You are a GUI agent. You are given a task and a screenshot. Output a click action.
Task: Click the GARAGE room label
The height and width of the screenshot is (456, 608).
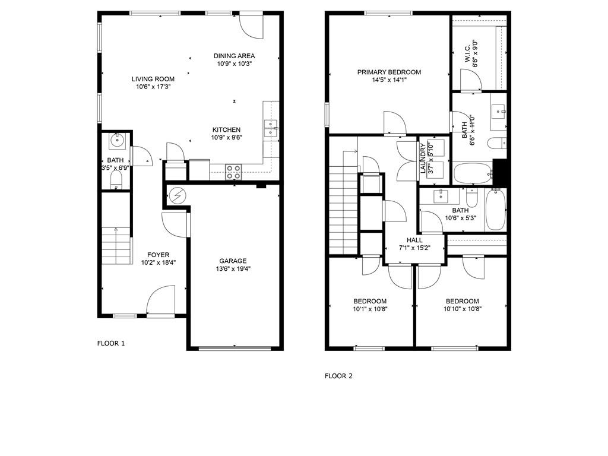click(233, 261)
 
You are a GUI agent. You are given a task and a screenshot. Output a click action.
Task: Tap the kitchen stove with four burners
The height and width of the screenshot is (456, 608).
click(233, 172)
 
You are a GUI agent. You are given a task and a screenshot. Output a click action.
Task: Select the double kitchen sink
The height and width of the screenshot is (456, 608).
click(271, 128)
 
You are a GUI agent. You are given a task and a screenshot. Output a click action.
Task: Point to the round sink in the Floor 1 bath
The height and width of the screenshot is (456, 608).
click(116, 140)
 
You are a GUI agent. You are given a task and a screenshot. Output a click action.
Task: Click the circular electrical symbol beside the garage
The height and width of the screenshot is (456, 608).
click(178, 196)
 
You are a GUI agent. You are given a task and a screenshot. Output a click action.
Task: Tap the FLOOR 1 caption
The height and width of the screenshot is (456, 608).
click(111, 343)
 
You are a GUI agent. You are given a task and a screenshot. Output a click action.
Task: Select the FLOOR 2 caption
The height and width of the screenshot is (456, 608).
click(338, 376)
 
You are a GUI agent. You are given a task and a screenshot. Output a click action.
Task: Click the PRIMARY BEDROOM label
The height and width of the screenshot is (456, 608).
click(389, 72)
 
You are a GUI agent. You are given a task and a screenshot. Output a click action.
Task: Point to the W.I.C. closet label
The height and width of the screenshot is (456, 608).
click(467, 53)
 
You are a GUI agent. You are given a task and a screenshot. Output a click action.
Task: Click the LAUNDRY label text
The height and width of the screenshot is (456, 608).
click(423, 158)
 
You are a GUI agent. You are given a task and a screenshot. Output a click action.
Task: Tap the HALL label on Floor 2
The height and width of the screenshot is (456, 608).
click(414, 240)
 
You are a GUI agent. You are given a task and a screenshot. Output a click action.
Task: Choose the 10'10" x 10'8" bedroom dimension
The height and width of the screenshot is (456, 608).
click(462, 309)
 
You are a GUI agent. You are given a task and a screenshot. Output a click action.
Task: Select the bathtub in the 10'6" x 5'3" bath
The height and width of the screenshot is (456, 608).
click(496, 210)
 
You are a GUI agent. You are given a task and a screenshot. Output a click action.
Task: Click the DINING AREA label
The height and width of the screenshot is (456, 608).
click(234, 56)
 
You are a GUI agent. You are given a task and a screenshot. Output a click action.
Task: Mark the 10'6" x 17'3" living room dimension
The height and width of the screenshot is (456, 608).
click(153, 87)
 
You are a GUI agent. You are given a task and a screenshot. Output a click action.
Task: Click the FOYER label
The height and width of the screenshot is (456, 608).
click(158, 255)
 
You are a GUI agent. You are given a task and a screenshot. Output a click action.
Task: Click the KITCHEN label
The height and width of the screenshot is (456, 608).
click(226, 130)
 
